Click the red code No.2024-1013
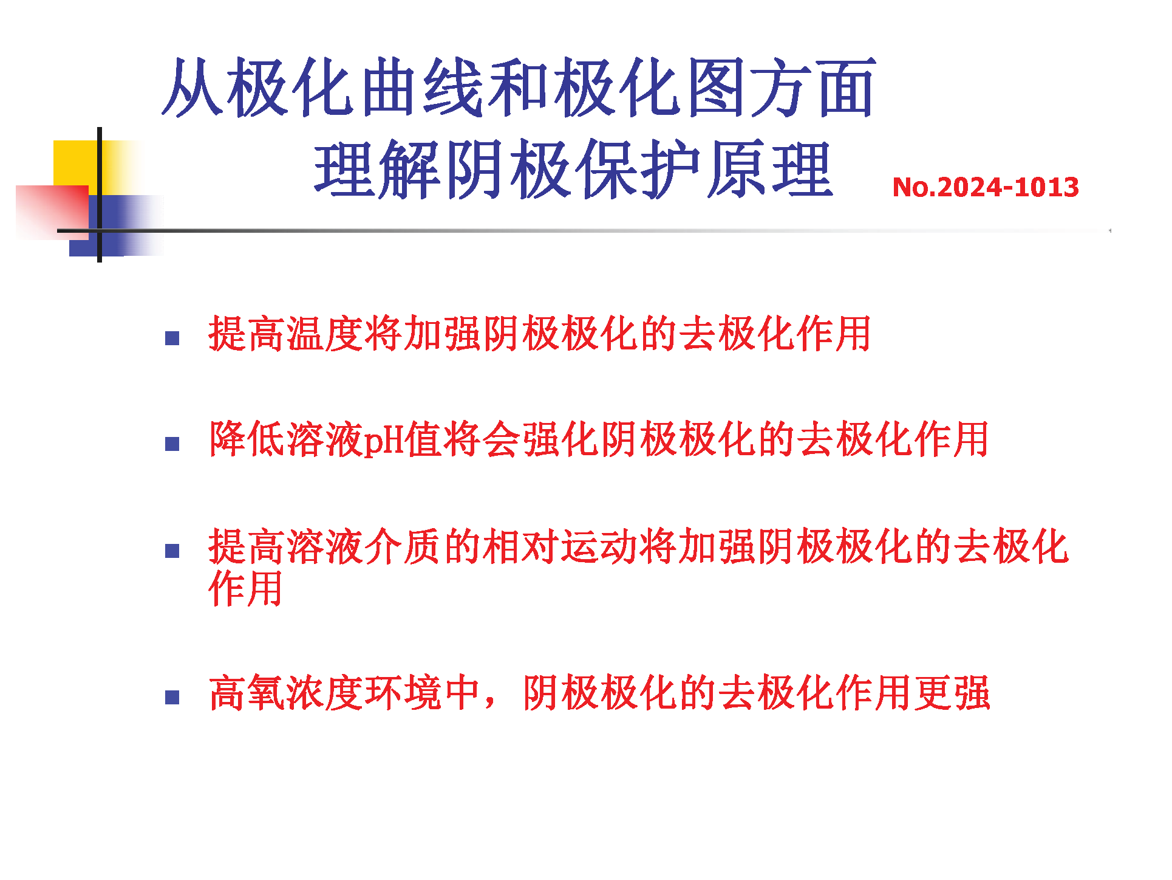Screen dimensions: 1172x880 (985, 187)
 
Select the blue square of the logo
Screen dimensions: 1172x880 (115, 225)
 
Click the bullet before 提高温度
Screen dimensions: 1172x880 (172, 338)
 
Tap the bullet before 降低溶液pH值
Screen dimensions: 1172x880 (172, 444)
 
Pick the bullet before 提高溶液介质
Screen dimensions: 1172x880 (172, 551)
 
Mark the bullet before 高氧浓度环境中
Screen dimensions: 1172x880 (172, 697)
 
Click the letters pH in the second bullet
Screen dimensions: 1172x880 (384, 440)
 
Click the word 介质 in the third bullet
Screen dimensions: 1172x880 (403, 546)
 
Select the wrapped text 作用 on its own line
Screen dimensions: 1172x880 (246, 588)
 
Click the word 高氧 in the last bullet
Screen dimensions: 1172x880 (247, 693)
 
